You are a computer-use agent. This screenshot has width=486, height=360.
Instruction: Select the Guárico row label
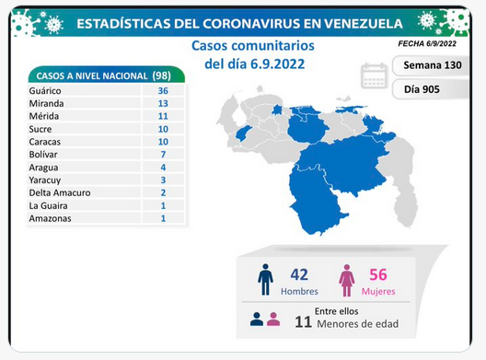pos(45,91)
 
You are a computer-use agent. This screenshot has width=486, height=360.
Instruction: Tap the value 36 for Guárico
pos(163,91)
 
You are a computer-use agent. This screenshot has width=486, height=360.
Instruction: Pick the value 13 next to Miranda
pos(163,103)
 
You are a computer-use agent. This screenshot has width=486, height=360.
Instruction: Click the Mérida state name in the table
pos(43,116)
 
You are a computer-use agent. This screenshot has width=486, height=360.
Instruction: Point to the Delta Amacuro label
pos(60,192)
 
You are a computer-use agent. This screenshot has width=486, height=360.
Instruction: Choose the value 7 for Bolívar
pos(163,155)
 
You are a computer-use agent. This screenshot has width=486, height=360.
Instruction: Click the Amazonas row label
pos(50,218)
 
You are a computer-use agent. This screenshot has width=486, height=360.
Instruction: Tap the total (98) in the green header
pos(161,75)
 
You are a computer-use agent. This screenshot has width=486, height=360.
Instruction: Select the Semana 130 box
pos(432,65)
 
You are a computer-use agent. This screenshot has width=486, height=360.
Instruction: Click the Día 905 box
pos(431,89)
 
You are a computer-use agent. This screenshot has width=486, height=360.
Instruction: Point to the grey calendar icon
pos(374,76)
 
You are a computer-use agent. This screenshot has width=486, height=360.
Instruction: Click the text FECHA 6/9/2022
pos(427,43)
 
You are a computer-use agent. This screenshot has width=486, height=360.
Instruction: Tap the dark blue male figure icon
pos(265,279)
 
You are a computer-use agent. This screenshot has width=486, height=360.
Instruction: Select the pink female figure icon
pos(346,280)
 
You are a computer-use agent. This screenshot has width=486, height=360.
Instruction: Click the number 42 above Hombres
pos(299,274)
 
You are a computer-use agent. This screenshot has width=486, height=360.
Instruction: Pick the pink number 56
pos(378,274)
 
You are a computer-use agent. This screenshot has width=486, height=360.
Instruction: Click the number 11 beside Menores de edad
pos(303,322)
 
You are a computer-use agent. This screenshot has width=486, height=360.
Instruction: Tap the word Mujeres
pos(378,292)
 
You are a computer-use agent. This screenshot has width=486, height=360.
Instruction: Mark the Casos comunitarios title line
pos(253,46)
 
